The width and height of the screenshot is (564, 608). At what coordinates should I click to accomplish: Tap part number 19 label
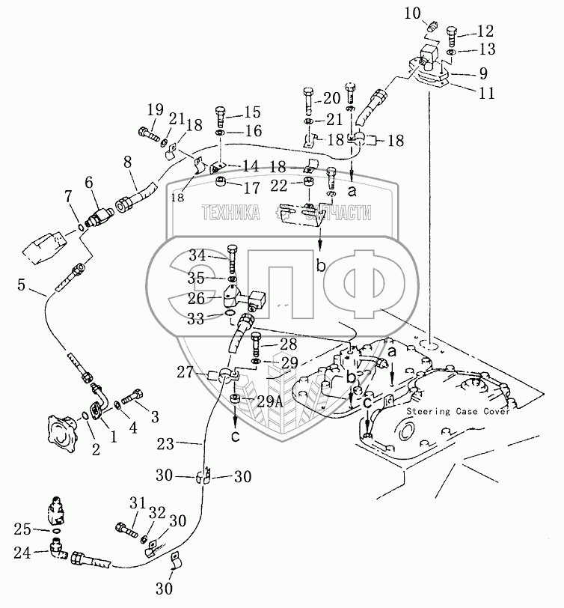155,111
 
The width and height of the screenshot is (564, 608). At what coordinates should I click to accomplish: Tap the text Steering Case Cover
459,412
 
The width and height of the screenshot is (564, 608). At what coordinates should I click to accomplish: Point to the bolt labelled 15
221,115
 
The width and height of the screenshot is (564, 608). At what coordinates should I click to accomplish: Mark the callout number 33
197,317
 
